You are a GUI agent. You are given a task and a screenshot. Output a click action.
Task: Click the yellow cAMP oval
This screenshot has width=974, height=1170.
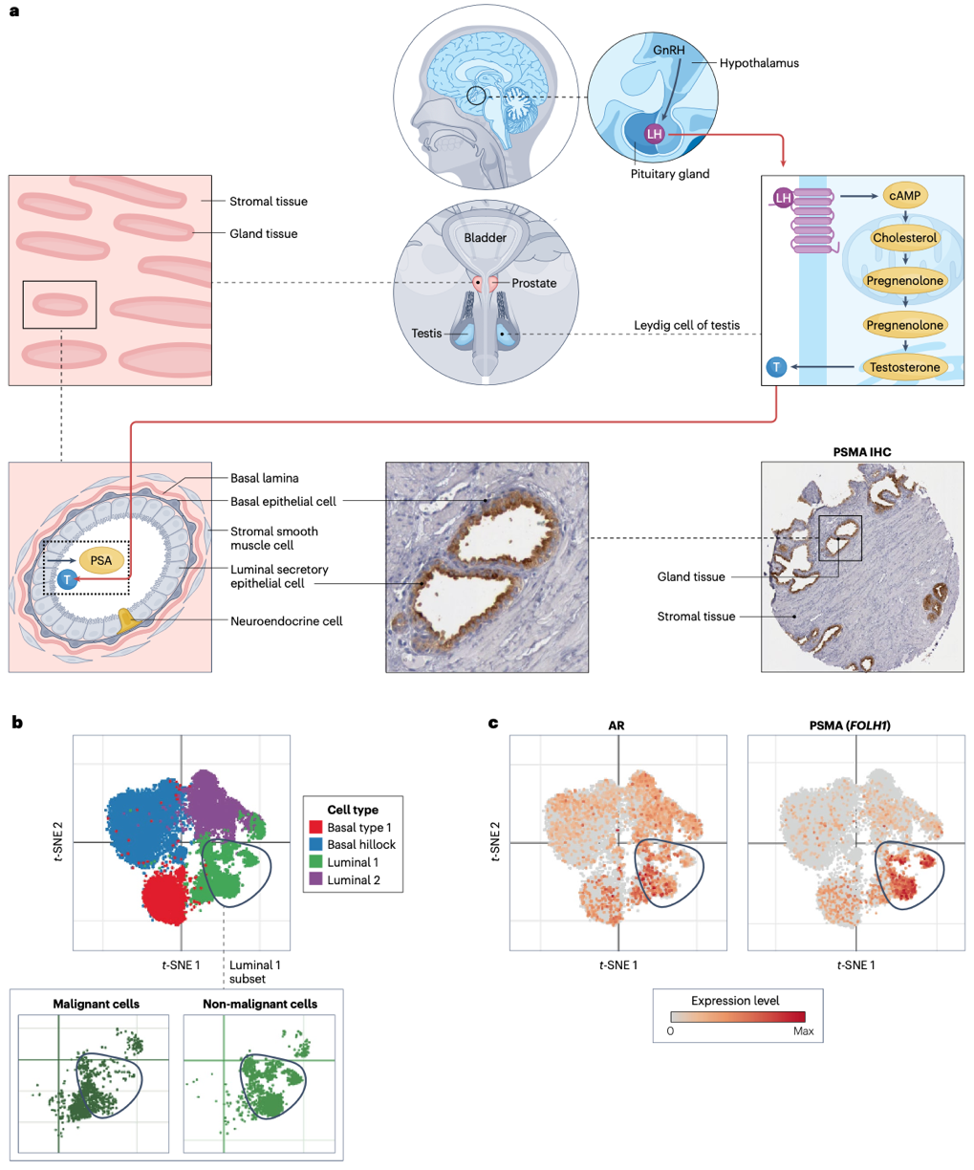click(x=904, y=196)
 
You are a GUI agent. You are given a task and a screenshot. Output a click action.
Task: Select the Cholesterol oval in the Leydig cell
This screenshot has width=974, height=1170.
click(x=904, y=238)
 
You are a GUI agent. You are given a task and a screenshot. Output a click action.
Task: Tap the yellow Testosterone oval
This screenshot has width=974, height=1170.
click(x=904, y=367)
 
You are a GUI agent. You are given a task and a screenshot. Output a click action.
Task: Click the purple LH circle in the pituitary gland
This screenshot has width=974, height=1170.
click(x=654, y=135)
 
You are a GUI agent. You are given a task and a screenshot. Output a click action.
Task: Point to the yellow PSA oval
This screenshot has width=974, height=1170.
click(x=101, y=560)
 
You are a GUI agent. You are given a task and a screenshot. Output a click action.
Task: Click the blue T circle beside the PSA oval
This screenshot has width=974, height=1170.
click(x=67, y=579)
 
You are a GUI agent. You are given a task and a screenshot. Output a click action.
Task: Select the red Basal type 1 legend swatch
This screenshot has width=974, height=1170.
click(x=315, y=828)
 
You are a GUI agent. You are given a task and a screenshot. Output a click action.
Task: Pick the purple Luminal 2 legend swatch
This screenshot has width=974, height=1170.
click(x=315, y=879)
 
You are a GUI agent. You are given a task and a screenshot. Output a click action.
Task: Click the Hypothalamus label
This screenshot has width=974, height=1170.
click(x=759, y=63)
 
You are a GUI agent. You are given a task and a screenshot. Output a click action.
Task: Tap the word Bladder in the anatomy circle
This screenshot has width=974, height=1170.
click(x=485, y=238)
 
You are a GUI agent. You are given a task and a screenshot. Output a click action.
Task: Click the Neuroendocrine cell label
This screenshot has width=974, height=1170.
click(x=286, y=621)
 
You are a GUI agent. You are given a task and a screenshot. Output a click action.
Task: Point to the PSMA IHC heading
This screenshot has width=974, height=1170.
click(x=862, y=452)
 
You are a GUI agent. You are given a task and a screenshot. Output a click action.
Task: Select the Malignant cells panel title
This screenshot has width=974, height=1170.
click(x=96, y=1004)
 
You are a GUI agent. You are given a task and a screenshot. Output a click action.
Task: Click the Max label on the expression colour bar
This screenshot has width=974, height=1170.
click(x=803, y=1031)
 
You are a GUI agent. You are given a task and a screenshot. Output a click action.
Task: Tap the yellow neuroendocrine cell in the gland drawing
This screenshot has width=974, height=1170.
click(x=128, y=622)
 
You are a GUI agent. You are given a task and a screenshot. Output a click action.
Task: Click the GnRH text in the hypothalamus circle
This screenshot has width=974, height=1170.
click(x=668, y=51)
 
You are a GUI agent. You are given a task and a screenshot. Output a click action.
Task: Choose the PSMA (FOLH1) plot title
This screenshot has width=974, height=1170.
click(x=850, y=726)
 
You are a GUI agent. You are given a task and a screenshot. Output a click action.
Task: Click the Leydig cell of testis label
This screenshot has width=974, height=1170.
click(x=686, y=326)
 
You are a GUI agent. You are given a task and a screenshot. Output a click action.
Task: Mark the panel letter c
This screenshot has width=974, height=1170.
click(x=493, y=723)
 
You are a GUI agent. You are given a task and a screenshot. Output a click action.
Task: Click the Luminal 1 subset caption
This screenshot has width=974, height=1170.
click(x=254, y=971)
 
